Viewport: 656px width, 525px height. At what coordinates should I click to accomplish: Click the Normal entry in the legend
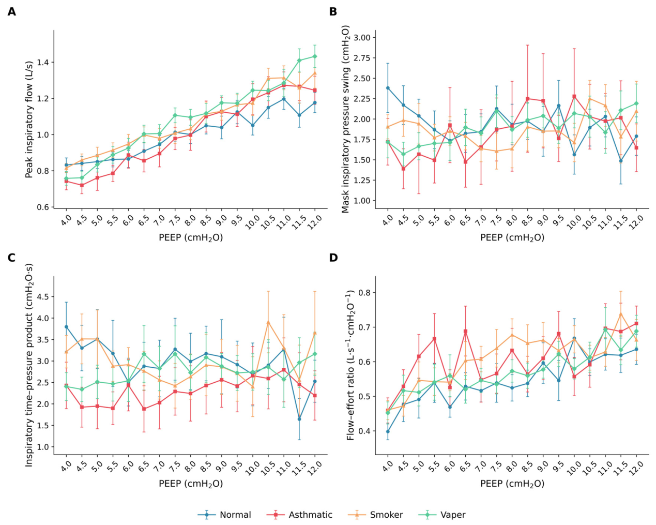coord(224,515)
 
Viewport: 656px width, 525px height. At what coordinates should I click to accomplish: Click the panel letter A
coord(11,11)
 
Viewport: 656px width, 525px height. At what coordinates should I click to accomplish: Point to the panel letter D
coord(333,258)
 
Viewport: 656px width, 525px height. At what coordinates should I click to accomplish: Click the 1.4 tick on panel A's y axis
coord(44,62)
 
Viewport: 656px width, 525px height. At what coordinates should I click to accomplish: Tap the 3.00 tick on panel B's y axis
coord(362,38)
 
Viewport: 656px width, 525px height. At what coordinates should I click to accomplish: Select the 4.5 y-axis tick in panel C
coord(44,296)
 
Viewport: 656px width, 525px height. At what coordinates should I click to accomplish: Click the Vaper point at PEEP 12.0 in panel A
coord(315,56)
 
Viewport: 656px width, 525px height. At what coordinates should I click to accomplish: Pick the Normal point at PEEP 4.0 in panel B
coord(388,88)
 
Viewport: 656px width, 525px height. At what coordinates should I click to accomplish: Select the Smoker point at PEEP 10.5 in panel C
coord(268,322)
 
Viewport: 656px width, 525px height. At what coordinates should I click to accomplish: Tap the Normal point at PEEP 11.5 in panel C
coord(299,419)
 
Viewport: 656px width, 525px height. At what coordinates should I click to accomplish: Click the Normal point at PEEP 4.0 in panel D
coord(388,432)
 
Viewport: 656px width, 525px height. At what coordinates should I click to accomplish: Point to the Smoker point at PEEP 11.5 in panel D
coord(621,313)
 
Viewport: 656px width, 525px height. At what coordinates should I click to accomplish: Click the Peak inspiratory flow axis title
coord(29,119)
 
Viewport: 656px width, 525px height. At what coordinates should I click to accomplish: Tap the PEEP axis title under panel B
coord(512,237)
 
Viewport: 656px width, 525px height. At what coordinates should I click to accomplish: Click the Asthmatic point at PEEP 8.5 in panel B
coord(528,98)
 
